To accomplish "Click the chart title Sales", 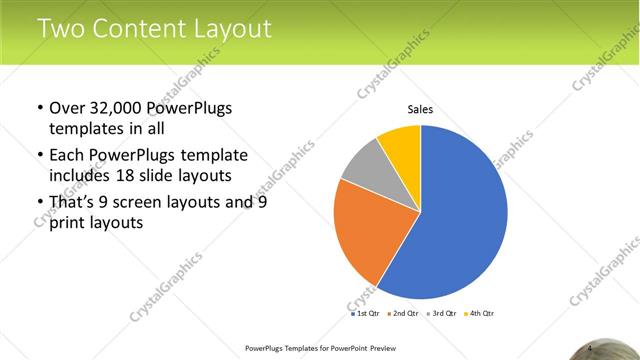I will click(420, 110).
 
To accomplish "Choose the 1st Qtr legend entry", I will click(366, 313).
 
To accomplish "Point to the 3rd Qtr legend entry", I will click(442, 313).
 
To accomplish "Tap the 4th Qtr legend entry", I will click(480, 313).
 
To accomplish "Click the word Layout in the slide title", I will click(229, 29).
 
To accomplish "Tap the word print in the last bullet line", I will click(69, 223).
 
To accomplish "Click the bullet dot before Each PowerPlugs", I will click(39, 156).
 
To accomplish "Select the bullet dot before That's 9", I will click(39, 203).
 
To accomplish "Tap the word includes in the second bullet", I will click(84, 176).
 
